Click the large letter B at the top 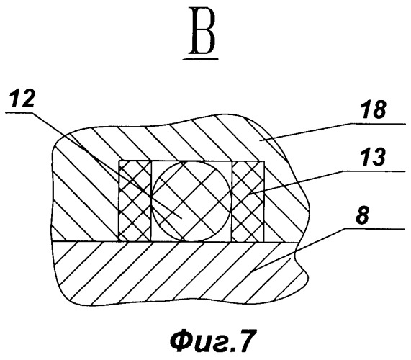coord(203,30)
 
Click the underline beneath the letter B coord(201,59)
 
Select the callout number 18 coord(374,110)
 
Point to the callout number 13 coord(374,157)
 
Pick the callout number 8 coord(363,216)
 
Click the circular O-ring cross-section coord(191,201)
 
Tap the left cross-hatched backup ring coord(135,201)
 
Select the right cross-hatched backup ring coord(248,201)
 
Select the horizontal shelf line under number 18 coord(377,123)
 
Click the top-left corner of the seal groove coord(119,161)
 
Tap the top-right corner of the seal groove coord(264,161)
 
